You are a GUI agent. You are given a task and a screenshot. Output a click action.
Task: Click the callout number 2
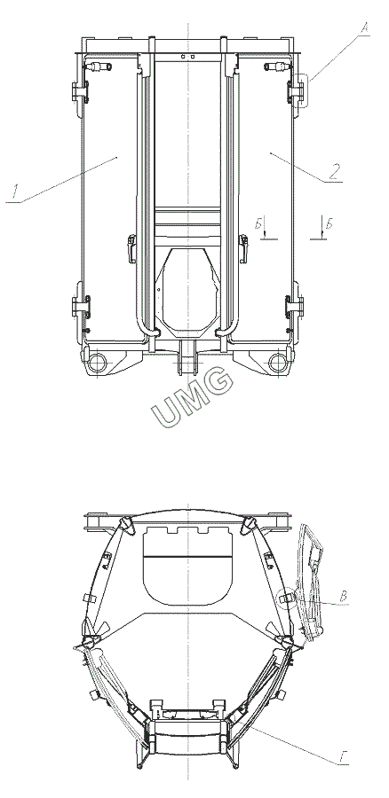(333, 171)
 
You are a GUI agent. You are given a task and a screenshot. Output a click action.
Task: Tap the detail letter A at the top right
(364, 27)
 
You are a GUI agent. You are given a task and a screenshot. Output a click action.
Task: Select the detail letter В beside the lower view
(344, 597)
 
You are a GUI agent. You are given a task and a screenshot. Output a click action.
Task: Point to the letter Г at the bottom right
(343, 760)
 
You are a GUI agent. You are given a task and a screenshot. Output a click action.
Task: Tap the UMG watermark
(193, 397)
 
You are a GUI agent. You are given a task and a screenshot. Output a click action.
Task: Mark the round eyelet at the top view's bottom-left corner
(97, 363)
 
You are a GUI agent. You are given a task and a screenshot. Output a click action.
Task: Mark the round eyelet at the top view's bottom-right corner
(278, 363)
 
